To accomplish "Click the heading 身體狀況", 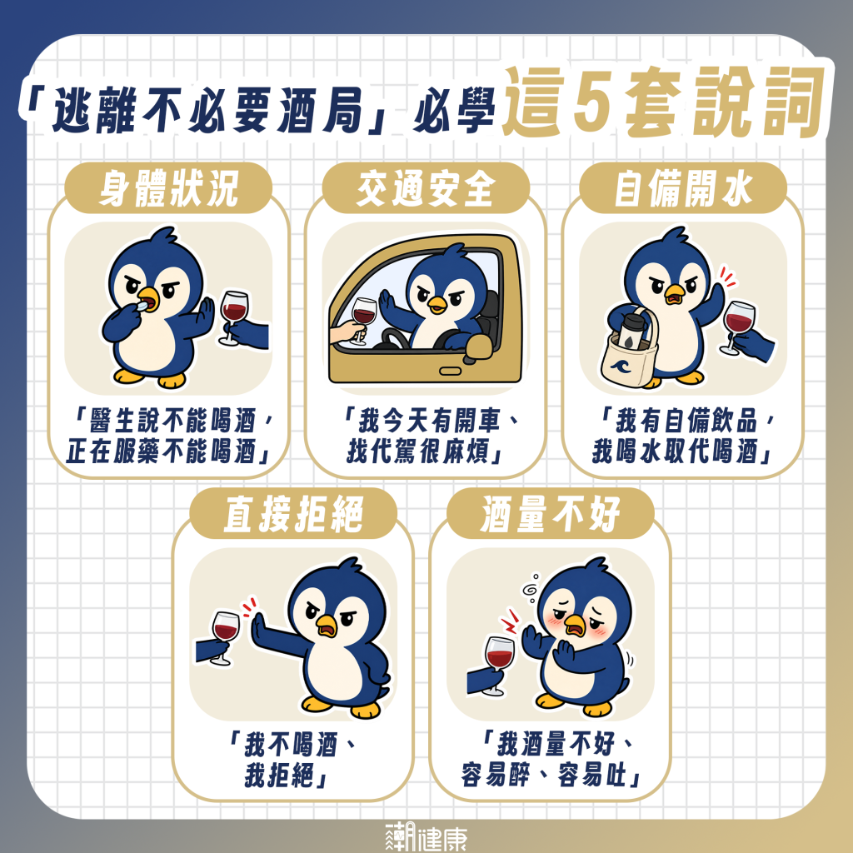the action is [x=168, y=188].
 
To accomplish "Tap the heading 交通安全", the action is [x=426, y=188].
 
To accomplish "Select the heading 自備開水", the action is [x=683, y=188].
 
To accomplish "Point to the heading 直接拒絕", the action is [x=293, y=514].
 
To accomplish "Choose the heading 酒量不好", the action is [x=550, y=514].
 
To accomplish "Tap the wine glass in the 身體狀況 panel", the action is [x=233, y=317].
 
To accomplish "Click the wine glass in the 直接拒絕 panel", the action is [x=225, y=637].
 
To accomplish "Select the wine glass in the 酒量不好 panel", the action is [x=498, y=665].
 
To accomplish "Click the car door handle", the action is [x=450, y=371].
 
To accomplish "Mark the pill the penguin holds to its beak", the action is [x=142, y=307].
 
